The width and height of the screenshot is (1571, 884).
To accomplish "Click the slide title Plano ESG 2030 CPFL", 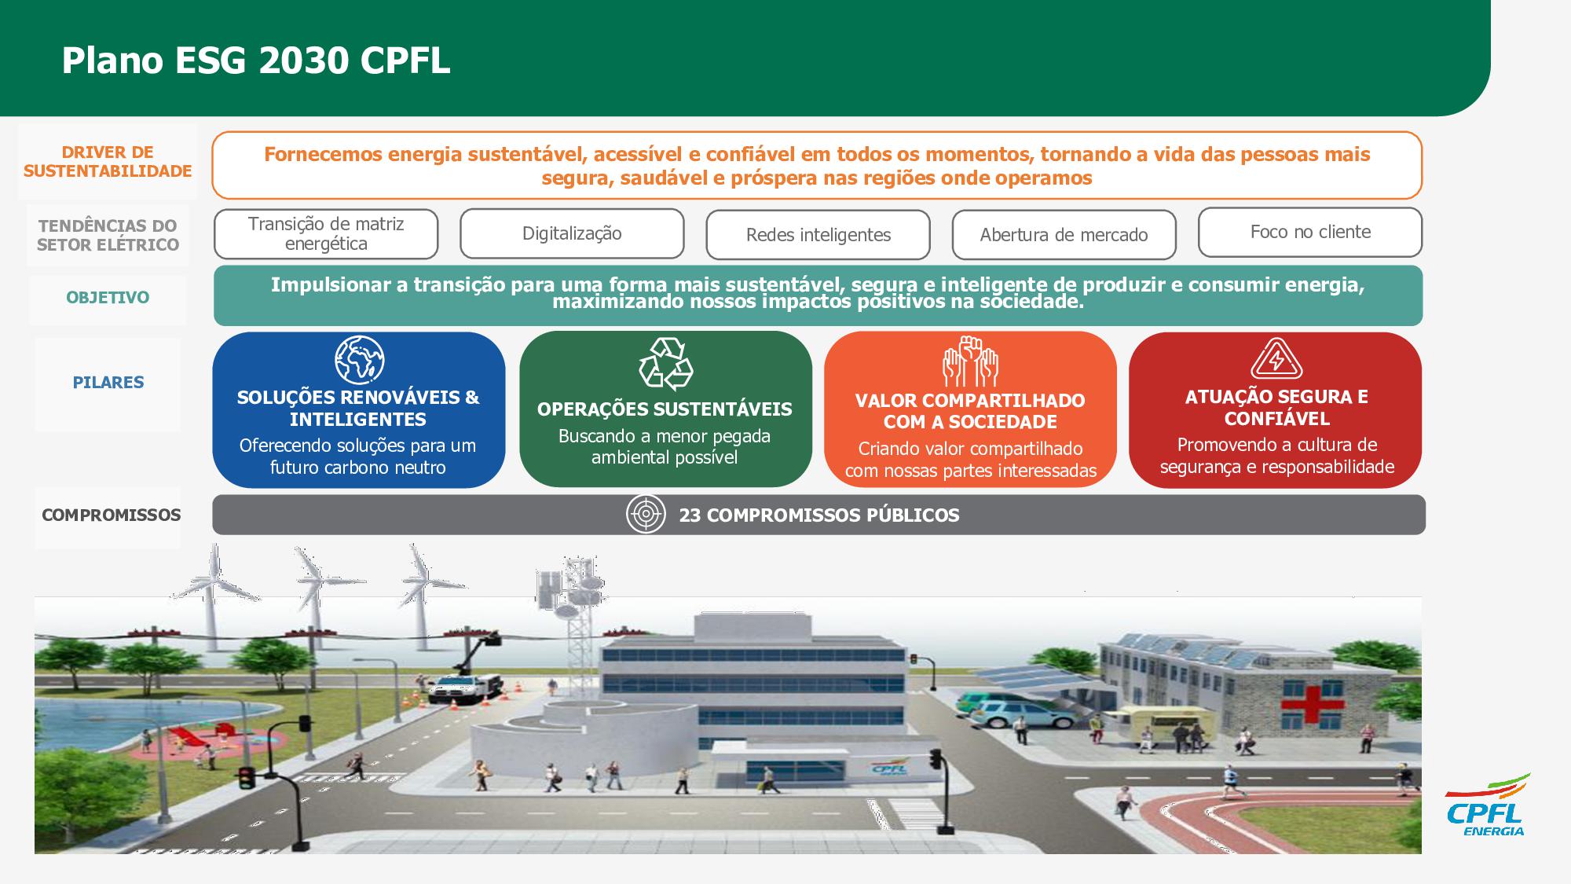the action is point(256,61).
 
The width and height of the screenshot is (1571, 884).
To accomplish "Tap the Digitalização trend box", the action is point(572,233).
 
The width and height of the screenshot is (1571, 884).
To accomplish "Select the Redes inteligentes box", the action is point(818,235).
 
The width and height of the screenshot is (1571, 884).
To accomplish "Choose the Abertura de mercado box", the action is point(1064,235).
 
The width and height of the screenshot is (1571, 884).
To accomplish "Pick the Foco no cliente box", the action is point(1310,233).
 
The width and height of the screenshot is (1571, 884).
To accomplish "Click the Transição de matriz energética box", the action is point(326,234).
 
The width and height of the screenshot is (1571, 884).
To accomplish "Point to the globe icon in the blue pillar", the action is point(359,360).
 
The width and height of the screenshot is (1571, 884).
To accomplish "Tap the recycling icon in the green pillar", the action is point(665,364).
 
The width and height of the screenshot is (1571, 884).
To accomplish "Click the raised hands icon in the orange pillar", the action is point(970,361).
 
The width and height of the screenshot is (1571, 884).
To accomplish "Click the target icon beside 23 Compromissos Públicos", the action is point(646,515).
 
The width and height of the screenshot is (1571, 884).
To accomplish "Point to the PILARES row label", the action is point(108,383).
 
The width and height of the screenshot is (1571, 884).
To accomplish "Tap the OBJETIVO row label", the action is point(108,298).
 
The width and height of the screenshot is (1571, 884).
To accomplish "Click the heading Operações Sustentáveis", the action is point(665,409).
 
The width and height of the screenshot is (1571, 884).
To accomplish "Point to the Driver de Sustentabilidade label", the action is point(108,162).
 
